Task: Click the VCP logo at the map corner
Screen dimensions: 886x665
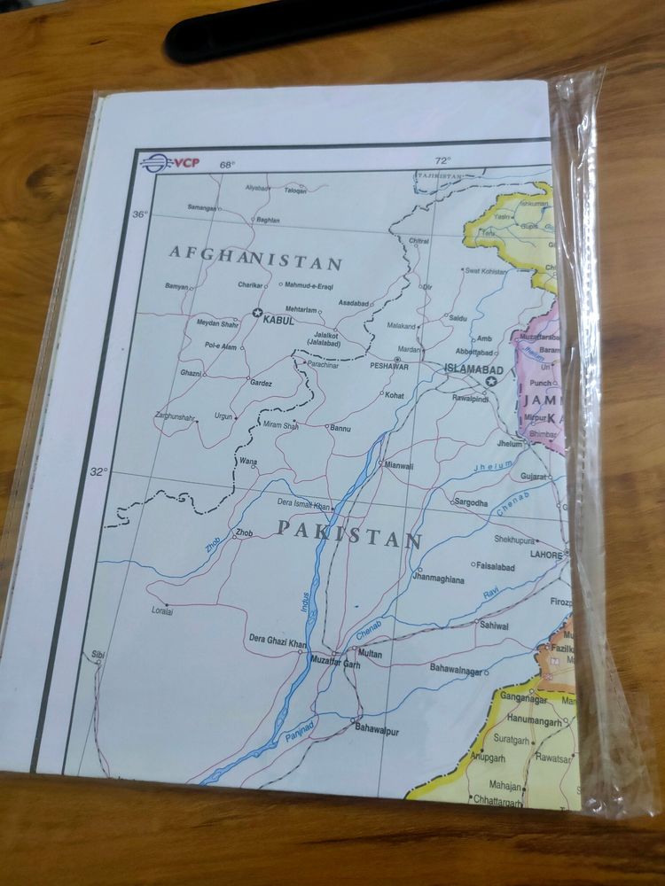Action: [169, 162]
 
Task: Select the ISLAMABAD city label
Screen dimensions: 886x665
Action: [473, 369]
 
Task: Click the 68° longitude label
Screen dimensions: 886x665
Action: [228, 165]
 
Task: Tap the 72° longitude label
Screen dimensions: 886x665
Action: [442, 160]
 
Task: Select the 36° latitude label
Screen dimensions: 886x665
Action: [140, 214]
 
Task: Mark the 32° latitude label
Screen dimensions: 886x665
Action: [97, 471]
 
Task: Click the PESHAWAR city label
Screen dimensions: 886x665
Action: [389, 365]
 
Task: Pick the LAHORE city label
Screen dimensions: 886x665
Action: [546, 555]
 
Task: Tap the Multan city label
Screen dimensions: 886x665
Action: [370, 654]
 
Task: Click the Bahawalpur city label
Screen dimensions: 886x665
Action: [377, 731]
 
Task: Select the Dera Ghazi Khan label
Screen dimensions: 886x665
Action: [278, 640]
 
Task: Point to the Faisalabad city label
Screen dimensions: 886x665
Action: [495, 566]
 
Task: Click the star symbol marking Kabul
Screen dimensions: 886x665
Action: [257, 313]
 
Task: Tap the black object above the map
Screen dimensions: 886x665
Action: [293, 27]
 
